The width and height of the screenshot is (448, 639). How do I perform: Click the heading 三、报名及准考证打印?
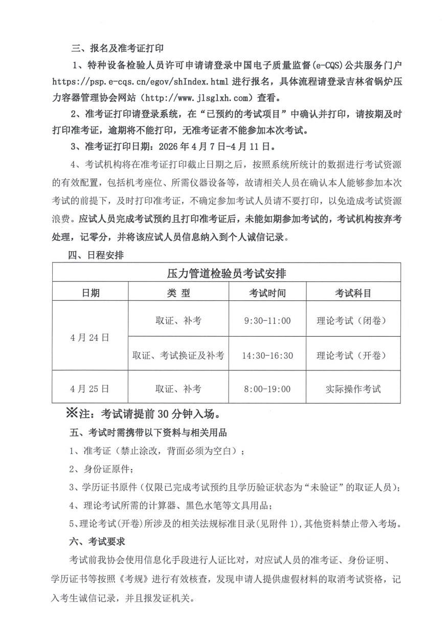(117, 49)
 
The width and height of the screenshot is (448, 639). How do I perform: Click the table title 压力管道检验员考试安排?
(226, 273)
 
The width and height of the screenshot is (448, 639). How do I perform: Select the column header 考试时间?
(267, 293)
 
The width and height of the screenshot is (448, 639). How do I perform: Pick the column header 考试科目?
(353, 293)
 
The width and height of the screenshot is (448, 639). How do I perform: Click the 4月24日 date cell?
(90, 337)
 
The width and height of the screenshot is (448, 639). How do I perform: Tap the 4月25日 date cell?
(90, 389)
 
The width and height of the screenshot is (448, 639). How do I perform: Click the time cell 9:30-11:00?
(267, 321)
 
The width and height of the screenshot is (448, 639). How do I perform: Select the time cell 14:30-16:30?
(267, 355)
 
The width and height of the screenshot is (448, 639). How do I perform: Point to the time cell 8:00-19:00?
(267, 389)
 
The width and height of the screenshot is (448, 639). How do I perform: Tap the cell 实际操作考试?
(353, 389)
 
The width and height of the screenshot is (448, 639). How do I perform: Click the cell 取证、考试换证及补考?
(178, 355)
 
